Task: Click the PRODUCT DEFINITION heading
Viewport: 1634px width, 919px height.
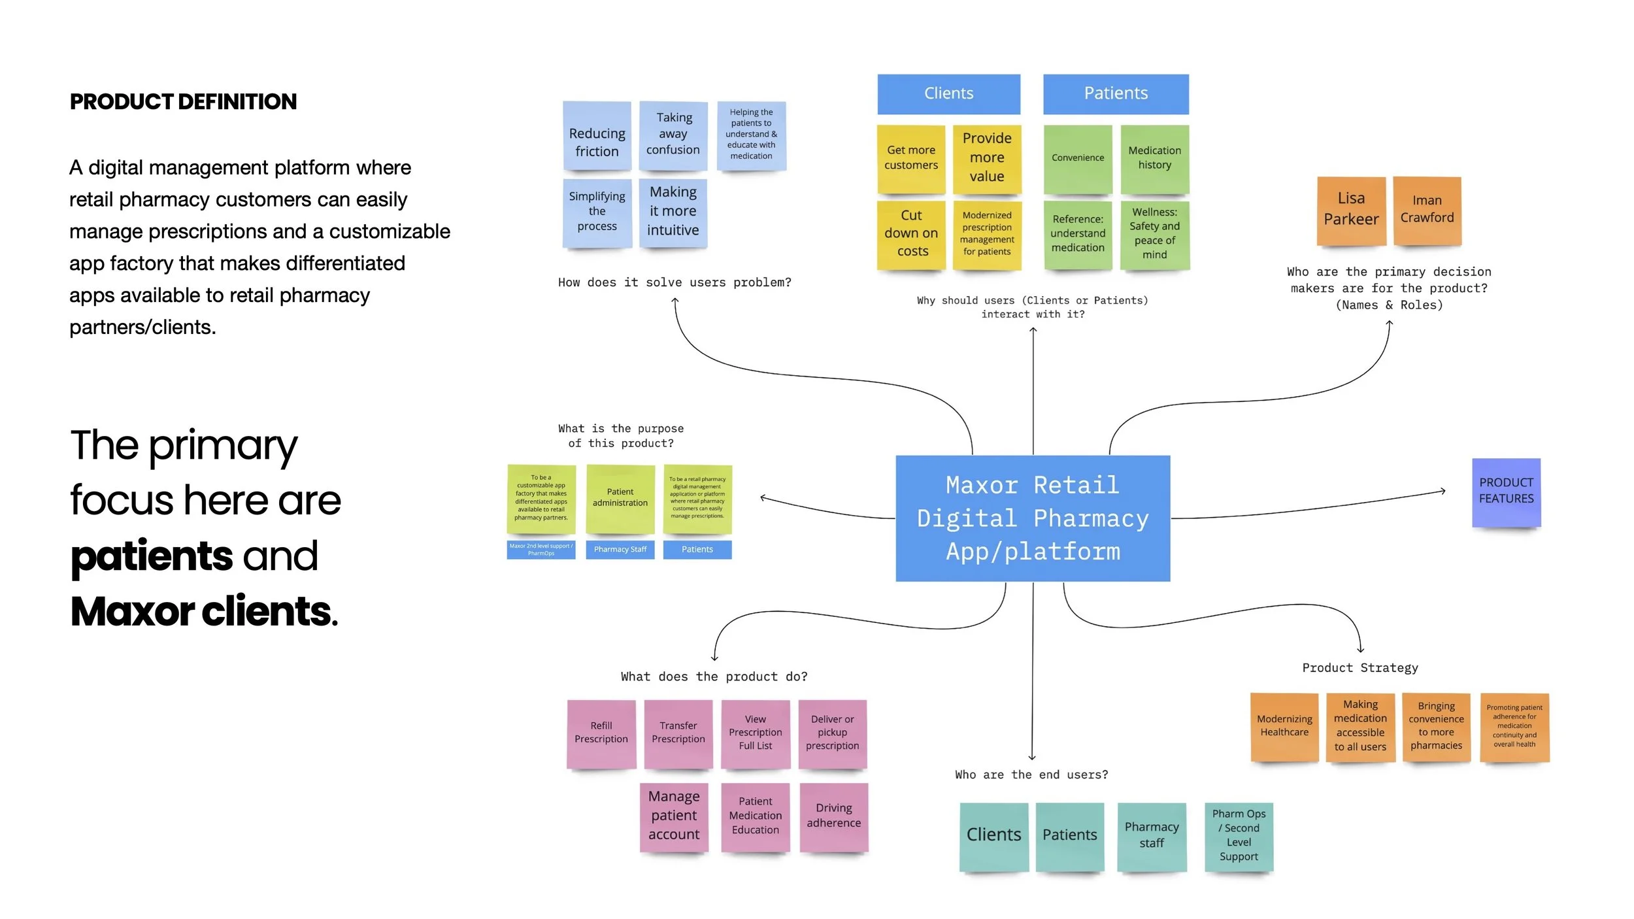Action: [x=183, y=102]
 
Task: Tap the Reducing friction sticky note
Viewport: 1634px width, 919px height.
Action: [x=597, y=136]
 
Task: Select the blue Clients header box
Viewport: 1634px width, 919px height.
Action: [x=948, y=93]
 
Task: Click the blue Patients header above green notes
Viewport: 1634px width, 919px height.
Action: [x=1116, y=93]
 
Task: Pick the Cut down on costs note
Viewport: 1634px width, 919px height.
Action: [x=911, y=234]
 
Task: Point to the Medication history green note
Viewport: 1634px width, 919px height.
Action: [x=1154, y=158]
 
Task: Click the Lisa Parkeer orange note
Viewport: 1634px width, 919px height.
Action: [x=1351, y=210]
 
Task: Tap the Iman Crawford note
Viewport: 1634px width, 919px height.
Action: [x=1427, y=210]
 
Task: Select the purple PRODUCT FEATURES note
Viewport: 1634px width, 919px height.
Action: [x=1506, y=492]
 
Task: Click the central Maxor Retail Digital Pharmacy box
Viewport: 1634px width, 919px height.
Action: [x=1033, y=518]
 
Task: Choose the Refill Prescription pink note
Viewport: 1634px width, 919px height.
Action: [x=601, y=733]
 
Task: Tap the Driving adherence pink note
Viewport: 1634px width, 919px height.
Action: [x=833, y=816]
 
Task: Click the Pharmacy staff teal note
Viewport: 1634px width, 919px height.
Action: [x=1152, y=836]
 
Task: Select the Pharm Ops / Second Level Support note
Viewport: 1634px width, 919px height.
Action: [x=1239, y=836]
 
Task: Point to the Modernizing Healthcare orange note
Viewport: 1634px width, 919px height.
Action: [x=1284, y=726]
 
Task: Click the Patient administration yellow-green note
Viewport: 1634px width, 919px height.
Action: [x=620, y=498]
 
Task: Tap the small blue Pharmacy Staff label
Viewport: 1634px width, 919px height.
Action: [x=620, y=550]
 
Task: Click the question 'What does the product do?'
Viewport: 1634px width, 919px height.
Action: [x=714, y=677]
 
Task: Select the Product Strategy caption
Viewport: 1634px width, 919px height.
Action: [x=1359, y=668]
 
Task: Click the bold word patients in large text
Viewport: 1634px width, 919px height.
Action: [x=152, y=556]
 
